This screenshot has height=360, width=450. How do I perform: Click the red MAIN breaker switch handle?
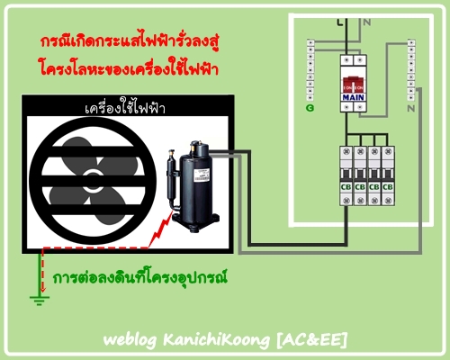353,85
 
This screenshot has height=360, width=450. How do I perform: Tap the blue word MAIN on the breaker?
353,97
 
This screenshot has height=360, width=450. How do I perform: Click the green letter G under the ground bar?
310,108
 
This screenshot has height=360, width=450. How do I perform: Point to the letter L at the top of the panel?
339,22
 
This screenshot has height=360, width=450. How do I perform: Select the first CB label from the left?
346,187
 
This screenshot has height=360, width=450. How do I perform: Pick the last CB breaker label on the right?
388,187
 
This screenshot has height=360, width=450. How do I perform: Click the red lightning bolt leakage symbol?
160,229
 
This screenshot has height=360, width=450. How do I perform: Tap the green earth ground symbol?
40,301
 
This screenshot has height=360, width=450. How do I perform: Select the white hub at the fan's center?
93,181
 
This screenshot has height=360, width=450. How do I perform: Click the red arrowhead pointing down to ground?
43,289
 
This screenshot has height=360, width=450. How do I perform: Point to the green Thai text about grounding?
139,277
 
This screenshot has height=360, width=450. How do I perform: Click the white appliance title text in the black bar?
125,107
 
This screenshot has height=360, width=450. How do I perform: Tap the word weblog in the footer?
130,340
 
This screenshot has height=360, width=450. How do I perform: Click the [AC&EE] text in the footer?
311,339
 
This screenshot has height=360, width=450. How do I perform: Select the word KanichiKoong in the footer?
216,340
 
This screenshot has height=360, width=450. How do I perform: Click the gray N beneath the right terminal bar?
411,109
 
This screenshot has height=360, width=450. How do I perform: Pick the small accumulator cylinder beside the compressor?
172,178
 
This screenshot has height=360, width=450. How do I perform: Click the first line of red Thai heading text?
130,41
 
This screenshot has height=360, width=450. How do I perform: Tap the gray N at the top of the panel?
367,22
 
